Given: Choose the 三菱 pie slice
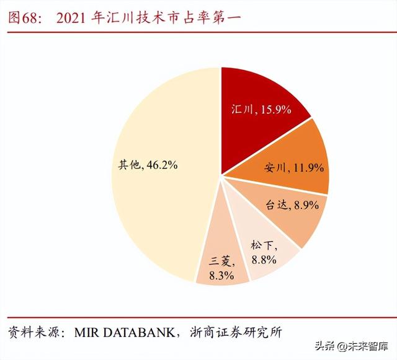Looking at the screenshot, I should [x=220, y=260].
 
